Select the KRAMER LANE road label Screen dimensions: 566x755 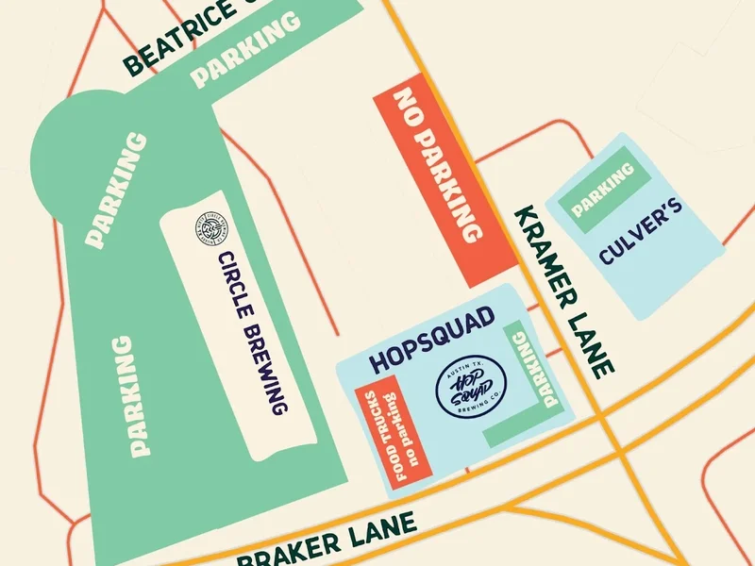pos(564,291)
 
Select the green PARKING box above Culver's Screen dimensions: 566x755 pos(602,189)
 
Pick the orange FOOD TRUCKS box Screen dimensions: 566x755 pos(393,433)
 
